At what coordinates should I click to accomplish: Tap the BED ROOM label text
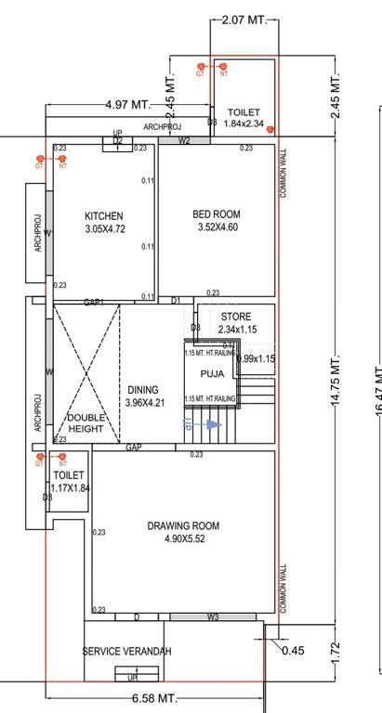(x=216, y=214)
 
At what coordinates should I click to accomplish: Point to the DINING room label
(x=142, y=390)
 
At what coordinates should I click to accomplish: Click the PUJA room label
(x=212, y=374)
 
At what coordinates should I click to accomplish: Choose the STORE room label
(x=235, y=317)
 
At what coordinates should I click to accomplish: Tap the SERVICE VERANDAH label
(x=127, y=652)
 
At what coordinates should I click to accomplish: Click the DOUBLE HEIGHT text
(x=86, y=423)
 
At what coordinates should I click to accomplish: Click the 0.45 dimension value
(x=293, y=651)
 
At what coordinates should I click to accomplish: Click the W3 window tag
(x=213, y=616)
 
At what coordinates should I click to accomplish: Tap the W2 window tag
(x=184, y=141)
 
